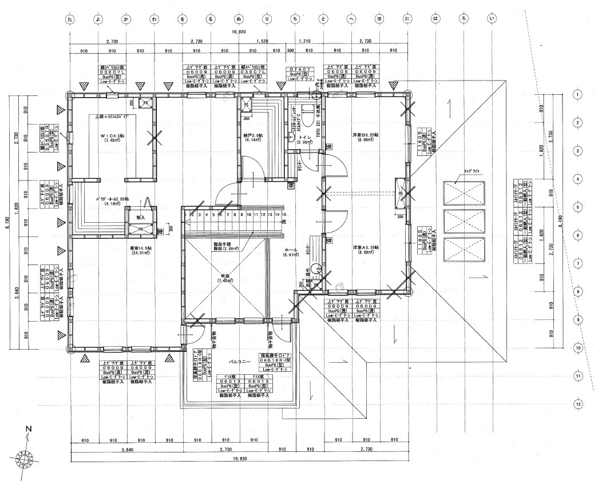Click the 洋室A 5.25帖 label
point(366,247)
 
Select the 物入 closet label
point(141,218)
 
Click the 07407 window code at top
point(299,69)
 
